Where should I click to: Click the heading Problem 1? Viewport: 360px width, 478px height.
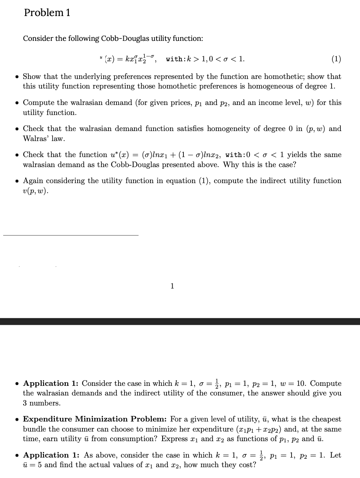47,13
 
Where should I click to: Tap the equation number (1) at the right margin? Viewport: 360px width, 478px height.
336,59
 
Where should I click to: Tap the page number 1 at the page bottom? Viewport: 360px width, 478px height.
172,286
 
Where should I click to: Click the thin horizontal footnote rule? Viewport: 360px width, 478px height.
71,235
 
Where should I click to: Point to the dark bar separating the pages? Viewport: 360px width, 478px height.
180,321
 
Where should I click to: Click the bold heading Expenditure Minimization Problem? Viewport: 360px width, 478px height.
95,419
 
